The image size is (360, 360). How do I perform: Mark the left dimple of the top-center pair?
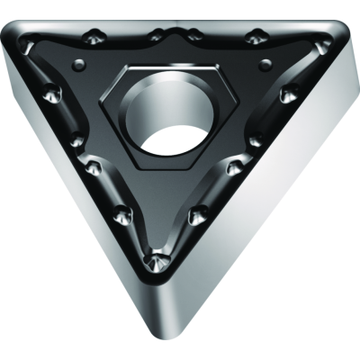[157, 36]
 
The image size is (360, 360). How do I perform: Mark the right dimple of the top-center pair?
[193, 35]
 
